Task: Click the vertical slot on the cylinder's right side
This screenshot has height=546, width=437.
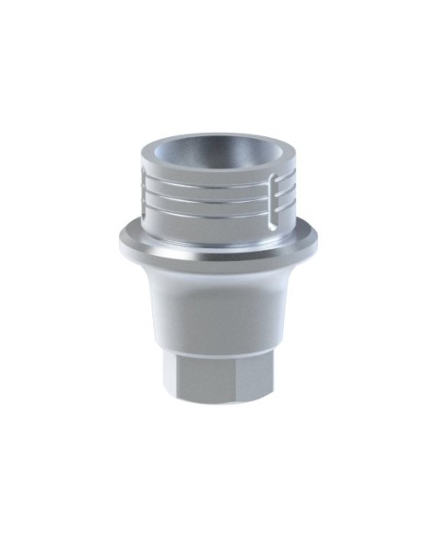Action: pyautogui.click(x=279, y=190)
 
